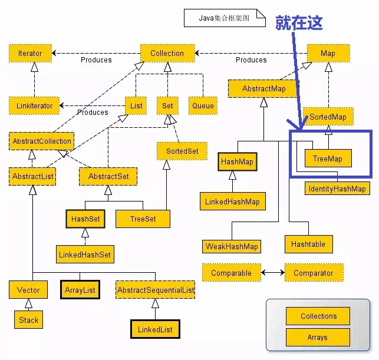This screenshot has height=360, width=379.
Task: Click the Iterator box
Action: coord(30,54)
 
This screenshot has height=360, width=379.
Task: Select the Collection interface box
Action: coord(167,54)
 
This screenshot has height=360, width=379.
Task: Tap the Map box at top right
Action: coord(328,54)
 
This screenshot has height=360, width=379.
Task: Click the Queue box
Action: coord(203,106)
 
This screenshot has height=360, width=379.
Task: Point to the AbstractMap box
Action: coord(263,89)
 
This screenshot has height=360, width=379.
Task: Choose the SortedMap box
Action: coord(328,117)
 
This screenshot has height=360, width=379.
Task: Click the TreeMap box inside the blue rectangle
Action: coord(328,158)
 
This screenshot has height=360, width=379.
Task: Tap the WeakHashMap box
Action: coord(232,246)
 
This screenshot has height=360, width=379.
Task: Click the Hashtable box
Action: coord(308,243)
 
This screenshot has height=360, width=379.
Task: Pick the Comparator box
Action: coord(314,273)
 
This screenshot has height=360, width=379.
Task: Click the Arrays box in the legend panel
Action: coord(318,338)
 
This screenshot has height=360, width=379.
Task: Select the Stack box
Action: coord(28,321)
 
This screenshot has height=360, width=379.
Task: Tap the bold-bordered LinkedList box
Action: coord(155,329)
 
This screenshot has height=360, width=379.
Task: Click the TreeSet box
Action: coord(143,219)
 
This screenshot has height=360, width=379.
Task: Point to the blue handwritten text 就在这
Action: coord(299,22)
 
